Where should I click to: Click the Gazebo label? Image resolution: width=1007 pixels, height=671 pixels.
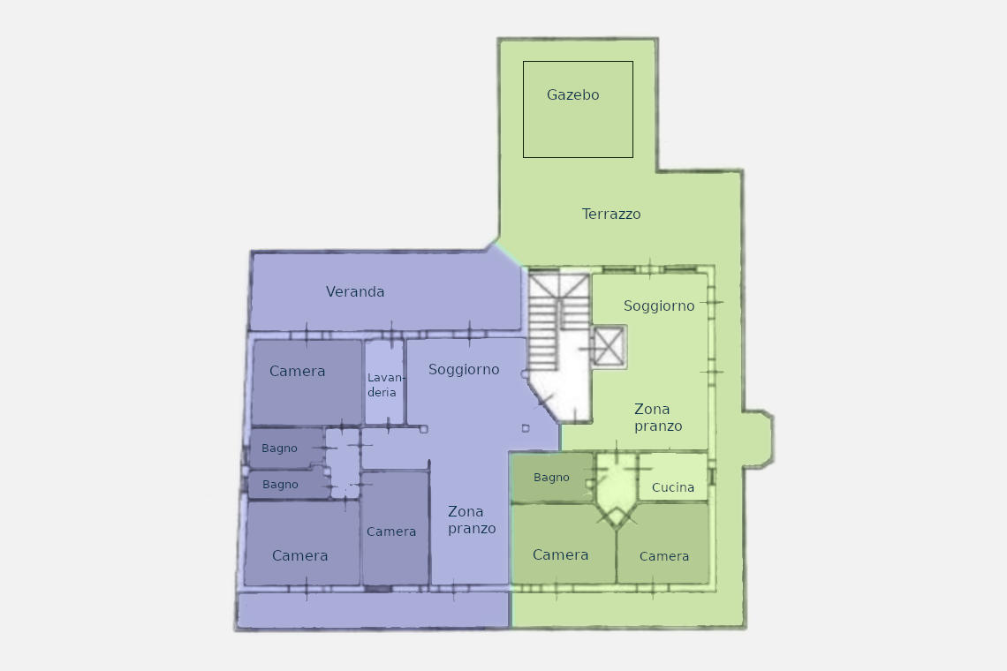click(573, 95)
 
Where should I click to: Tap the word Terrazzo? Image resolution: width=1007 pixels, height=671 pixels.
click(610, 214)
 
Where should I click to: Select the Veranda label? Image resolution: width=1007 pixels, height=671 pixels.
click(355, 291)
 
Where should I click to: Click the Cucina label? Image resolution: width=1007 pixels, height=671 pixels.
click(672, 487)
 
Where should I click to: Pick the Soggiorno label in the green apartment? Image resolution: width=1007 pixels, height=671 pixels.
click(659, 305)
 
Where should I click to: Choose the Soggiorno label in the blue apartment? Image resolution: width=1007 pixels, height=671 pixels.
click(464, 369)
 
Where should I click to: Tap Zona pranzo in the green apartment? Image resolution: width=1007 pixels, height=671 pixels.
click(657, 418)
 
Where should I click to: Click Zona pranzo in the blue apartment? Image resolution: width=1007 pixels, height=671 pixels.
click(472, 520)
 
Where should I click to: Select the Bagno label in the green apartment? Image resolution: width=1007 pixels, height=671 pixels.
click(551, 478)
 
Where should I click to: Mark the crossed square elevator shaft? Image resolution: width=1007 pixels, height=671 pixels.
click(609, 347)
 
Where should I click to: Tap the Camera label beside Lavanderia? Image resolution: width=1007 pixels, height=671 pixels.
click(298, 371)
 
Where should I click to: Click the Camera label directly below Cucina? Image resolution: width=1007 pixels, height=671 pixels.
click(664, 556)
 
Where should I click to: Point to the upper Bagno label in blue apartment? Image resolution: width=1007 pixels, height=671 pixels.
click(279, 449)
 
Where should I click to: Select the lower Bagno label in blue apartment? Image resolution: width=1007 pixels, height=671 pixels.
click(280, 484)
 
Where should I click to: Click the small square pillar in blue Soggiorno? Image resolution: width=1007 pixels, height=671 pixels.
click(526, 428)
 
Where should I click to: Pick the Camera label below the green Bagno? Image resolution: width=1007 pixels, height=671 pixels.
click(561, 554)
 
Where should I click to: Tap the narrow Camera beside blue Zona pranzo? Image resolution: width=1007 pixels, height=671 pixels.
click(391, 532)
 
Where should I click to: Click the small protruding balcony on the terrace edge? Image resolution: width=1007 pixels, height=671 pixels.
click(759, 439)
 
